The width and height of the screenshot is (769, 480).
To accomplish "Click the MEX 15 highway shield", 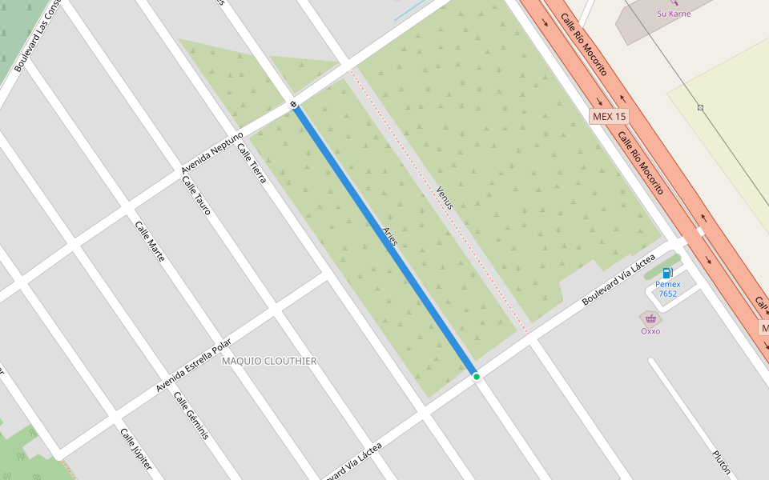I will click(610, 116).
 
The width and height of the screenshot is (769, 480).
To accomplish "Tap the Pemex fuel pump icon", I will click(667, 274).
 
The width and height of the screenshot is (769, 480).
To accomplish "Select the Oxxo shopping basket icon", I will click(650, 318).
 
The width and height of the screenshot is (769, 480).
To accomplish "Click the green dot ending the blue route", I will click(476, 376).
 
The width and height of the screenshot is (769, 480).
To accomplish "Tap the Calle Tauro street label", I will click(196, 196).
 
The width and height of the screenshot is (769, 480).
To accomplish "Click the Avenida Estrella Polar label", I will click(193, 366).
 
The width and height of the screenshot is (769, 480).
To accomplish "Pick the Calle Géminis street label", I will click(191, 416).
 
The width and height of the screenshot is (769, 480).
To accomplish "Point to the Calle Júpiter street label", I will click(135, 449).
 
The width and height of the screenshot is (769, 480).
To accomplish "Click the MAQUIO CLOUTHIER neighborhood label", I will click(268, 361).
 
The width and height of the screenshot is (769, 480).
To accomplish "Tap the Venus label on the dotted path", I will click(445, 198).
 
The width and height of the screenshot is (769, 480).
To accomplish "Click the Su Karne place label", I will click(674, 14).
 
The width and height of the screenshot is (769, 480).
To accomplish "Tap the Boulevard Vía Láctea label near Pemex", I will click(618, 278).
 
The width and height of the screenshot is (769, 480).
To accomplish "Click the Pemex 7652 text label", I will click(668, 289).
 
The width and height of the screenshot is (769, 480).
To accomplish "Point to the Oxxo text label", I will click(650, 331).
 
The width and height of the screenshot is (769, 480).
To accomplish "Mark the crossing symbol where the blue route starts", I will click(294, 104).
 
